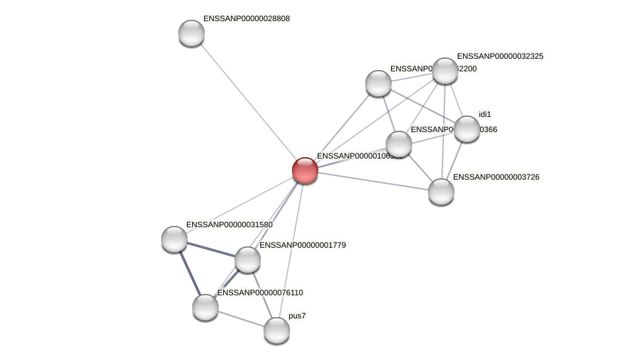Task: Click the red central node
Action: (x=305, y=170)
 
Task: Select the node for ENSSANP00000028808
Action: (x=192, y=33)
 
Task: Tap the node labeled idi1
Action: (x=466, y=129)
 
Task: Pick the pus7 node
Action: (x=277, y=330)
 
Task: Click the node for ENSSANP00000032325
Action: (x=445, y=71)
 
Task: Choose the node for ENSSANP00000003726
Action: (x=441, y=192)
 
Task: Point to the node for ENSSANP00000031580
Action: (x=174, y=239)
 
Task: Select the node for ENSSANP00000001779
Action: (x=248, y=260)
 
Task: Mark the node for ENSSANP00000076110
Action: (x=205, y=307)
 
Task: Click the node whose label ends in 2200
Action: (x=378, y=83)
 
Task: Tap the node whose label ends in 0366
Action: (x=399, y=144)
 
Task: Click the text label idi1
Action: (x=485, y=114)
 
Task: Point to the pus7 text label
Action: (x=297, y=316)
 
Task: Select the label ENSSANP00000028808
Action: (x=246, y=18)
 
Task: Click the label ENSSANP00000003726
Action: (x=499, y=177)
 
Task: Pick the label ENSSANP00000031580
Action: (x=229, y=225)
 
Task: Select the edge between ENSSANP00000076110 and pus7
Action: (x=241, y=318)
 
